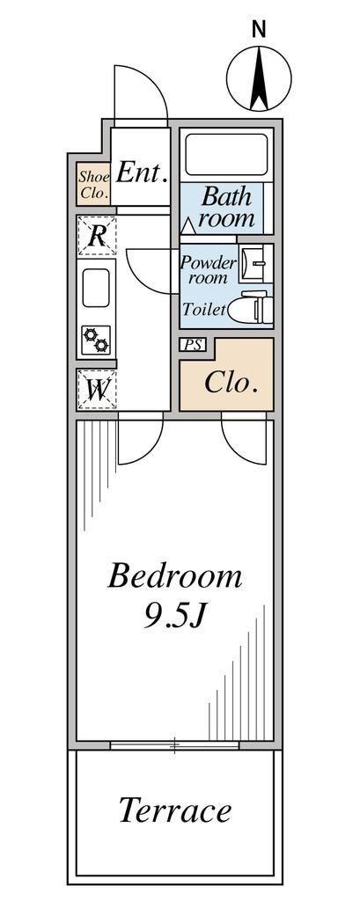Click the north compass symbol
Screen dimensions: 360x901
pyautogui.click(x=259, y=78)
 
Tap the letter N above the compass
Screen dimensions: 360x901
pyautogui.click(x=260, y=29)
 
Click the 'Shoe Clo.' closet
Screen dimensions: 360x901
pyautogui.click(x=93, y=185)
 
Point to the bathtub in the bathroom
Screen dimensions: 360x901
pyautogui.click(x=226, y=154)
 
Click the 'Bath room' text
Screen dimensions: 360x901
pyautogui.click(x=226, y=207)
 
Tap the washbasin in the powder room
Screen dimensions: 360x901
pyautogui.click(x=253, y=263)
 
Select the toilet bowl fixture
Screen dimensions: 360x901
pyautogui.click(x=248, y=307)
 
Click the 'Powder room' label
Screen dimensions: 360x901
pyautogui.click(x=209, y=270)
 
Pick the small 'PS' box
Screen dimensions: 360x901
pyautogui.click(x=192, y=345)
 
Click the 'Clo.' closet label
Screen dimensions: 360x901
pyautogui.click(x=231, y=383)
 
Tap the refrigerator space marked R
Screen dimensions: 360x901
pyautogui.click(x=97, y=236)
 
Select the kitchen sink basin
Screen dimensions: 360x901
pyautogui.click(x=96, y=288)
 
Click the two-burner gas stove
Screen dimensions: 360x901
pyautogui.click(x=95, y=340)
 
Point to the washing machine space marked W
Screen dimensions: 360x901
pyautogui.click(x=97, y=390)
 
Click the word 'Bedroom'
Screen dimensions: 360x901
pyautogui.click(x=175, y=576)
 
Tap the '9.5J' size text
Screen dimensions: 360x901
pyautogui.click(x=175, y=617)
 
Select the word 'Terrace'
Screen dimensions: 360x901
pyautogui.click(x=175, y=811)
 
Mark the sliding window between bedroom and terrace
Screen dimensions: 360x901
pyautogui.click(x=174, y=745)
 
